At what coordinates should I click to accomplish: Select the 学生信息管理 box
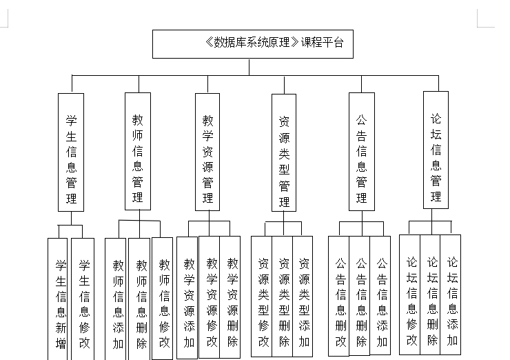pos(70,152)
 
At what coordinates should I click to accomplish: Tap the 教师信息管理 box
pos(137,152)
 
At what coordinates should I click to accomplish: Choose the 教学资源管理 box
pos(207,152)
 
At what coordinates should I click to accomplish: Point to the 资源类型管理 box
pos(284,152)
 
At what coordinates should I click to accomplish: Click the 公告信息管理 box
pos(362,152)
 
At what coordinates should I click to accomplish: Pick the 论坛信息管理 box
pos(436,150)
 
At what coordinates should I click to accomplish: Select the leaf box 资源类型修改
pos(262,297)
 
